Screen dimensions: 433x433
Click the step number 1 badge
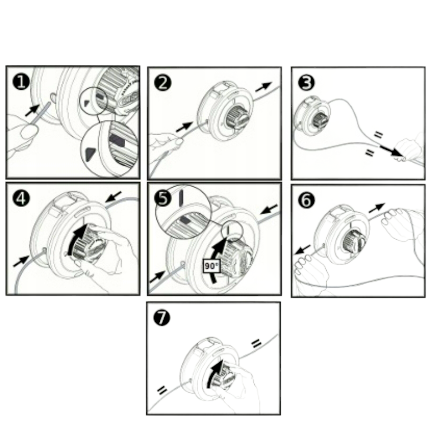[21, 82]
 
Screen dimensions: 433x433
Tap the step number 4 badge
[21, 199]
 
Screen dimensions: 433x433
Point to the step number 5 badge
[163, 199]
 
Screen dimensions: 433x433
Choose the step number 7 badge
[162, 318]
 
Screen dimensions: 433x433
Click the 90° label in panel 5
[211, 266]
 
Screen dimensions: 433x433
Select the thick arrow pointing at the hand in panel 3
[391, 151]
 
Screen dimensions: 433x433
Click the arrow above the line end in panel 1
[32, 111]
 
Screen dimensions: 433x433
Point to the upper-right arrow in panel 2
[263, 87]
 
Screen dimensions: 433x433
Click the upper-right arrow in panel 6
[377, 208]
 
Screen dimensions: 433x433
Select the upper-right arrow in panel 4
[113, 197]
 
